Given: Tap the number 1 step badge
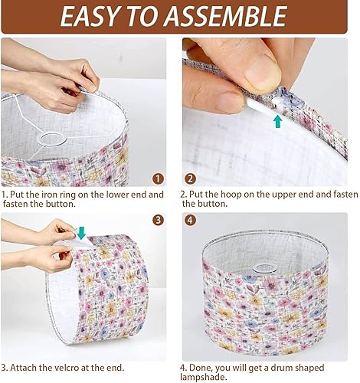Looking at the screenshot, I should click(x=158, y=178).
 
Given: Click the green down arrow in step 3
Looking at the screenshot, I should click(x=81, y=232).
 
